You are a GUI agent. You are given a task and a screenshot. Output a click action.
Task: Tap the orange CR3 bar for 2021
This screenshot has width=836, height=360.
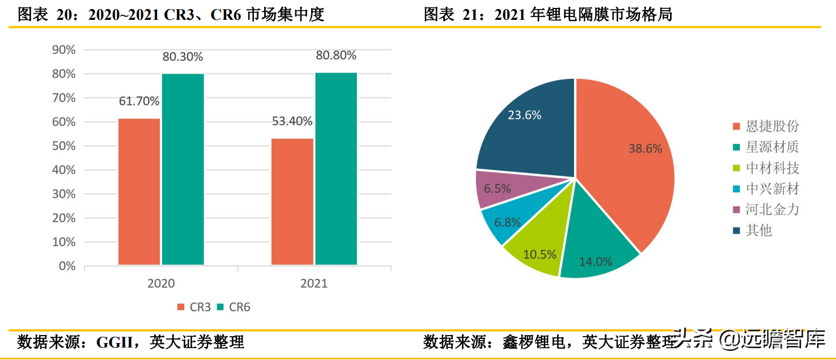click(292, 201)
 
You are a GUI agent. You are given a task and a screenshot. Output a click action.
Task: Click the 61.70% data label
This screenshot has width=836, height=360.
click(139, 101)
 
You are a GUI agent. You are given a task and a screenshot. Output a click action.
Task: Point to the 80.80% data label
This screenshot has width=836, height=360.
click(336, 56)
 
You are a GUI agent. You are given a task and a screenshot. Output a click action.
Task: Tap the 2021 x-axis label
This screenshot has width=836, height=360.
click(314, 283)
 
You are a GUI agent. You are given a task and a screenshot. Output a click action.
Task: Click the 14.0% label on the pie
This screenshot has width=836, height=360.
click(595, 262)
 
